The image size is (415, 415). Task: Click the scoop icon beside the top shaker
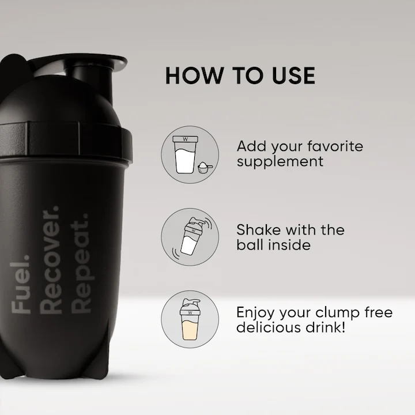click(202, 167)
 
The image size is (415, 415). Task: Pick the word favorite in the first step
click(334, 146)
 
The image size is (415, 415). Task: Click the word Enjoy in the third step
click(257, 313)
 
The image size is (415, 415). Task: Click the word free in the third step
click(378, 313)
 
